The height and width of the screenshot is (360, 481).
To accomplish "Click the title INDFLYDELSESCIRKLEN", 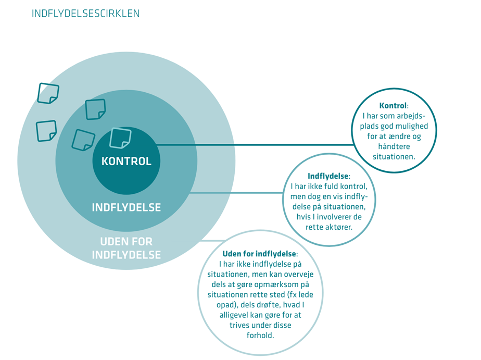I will coord(86,14).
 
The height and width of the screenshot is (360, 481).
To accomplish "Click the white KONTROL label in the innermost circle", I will coord(126,162).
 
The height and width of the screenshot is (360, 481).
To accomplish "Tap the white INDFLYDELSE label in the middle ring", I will coord(126,207).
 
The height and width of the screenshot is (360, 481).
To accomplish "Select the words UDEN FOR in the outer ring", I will coord(126,242).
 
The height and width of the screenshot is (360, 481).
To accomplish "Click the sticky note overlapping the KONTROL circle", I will coord(120,138).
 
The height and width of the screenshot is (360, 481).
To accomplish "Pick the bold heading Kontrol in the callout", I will coord(393,106).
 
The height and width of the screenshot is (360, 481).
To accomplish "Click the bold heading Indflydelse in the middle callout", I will coord(328,176).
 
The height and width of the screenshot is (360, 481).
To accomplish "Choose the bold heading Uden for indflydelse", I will coord(259,254).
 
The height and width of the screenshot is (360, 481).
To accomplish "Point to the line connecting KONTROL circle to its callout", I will coord(255,145).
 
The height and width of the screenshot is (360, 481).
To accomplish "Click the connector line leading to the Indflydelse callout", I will coord(239,193).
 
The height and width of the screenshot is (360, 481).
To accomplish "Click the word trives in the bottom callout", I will coord(241,325).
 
